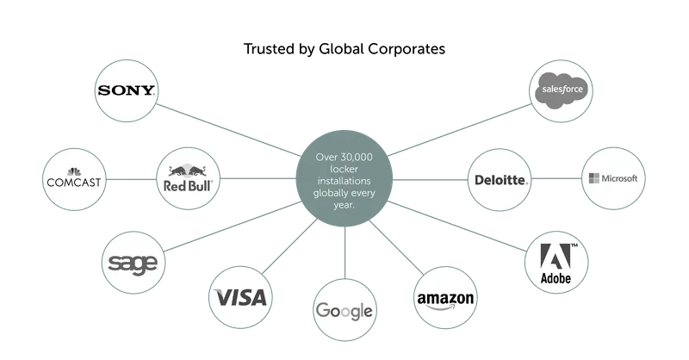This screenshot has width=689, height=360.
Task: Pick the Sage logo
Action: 130,259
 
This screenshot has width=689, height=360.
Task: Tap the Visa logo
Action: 241,298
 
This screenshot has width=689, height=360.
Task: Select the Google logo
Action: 343,310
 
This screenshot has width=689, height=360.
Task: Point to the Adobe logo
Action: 557,260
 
